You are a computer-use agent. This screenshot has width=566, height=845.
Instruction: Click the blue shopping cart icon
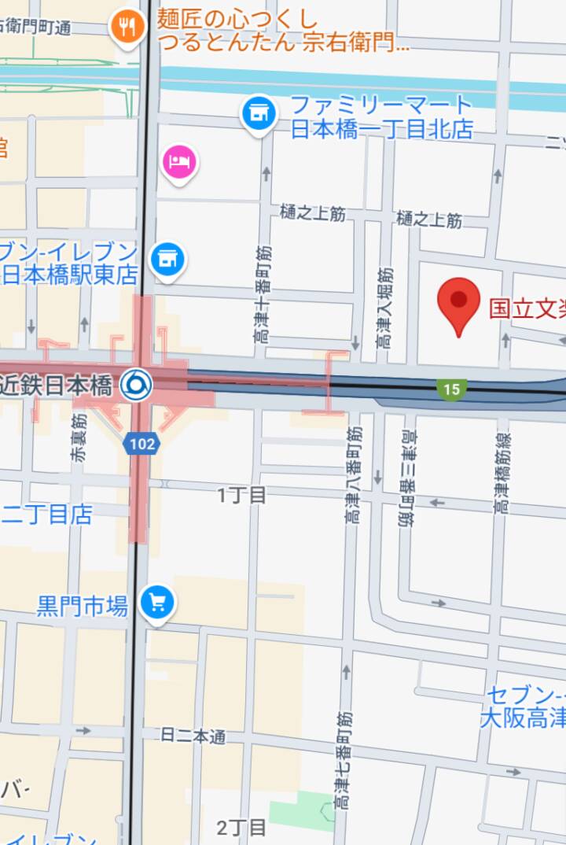157,603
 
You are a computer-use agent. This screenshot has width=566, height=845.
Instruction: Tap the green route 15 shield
451,389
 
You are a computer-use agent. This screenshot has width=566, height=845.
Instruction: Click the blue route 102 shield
141,444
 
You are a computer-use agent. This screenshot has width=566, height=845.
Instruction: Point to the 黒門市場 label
83,606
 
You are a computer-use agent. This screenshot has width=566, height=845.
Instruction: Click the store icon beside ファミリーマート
258,113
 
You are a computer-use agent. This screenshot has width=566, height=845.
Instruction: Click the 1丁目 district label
242,495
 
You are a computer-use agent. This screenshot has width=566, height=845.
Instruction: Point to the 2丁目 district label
242,827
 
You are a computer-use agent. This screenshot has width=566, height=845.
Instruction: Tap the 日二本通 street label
193,736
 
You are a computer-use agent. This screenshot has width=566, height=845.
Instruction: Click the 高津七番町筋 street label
344,761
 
